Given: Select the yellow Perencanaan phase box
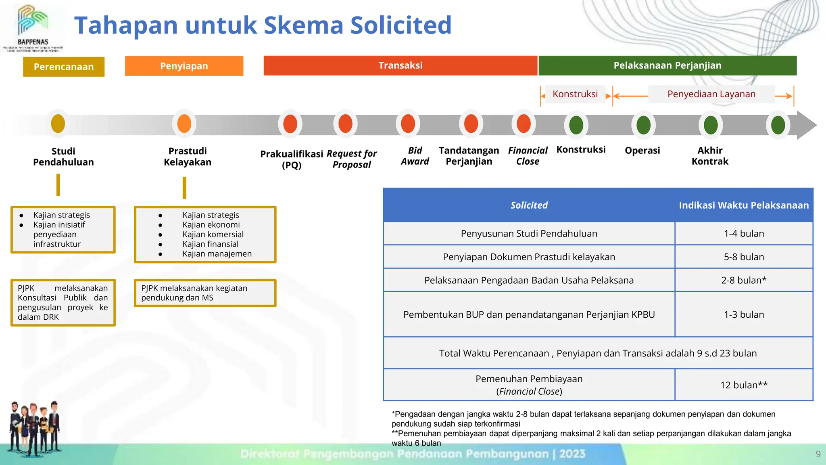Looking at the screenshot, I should point(64,67).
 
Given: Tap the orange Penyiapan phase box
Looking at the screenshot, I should point(184,66).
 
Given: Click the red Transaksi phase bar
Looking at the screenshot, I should point(400,65).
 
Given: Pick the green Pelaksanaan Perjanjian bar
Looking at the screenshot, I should point(667,65).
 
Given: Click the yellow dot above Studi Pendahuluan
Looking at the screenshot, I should point(58,124).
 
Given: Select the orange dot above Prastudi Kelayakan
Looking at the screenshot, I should point(184,124).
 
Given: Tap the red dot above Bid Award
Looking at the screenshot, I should point(408,124).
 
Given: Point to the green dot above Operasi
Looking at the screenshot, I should point(643,125).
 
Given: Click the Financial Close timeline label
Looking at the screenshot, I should point(528,156).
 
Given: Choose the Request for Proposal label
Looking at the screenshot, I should point(352,159).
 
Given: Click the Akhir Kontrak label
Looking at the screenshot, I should point(710,156).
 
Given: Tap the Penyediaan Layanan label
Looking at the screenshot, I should point(711,94).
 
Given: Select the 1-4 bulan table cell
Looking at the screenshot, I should point(744,233).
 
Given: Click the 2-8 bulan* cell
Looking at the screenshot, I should point(744,280).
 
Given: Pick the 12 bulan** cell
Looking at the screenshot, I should point(744,385).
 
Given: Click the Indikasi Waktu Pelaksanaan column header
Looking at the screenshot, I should point(744,205).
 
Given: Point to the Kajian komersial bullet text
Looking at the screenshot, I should point(213,235).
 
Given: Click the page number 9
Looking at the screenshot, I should point(818,454).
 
